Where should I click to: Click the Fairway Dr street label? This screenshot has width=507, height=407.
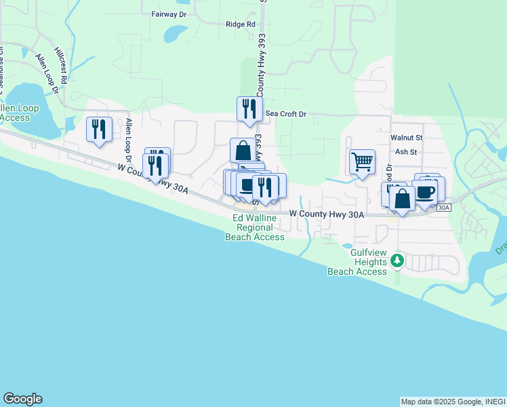169,14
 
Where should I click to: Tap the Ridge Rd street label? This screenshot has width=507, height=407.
241,24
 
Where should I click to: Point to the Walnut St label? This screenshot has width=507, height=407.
406,137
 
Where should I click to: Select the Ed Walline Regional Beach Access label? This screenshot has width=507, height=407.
255,227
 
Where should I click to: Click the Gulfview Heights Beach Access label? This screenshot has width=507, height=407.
357,262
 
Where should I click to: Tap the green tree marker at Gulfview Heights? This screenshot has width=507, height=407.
398,261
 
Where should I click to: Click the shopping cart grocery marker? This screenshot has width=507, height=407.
362,162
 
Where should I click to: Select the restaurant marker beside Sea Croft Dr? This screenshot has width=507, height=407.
249,109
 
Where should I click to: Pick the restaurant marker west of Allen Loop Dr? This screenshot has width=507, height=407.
100,128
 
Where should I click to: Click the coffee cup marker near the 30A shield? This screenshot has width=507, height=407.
425,191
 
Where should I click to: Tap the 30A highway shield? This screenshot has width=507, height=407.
444,208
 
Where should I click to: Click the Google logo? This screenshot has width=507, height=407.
22,399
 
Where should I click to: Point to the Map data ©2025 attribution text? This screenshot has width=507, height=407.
453,402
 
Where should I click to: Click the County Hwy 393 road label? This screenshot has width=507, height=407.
260,68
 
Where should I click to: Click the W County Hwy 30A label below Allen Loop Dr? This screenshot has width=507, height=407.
153,178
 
